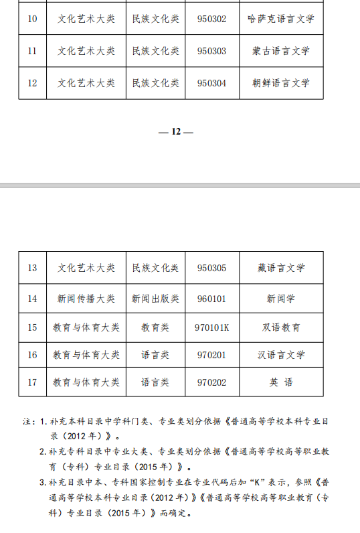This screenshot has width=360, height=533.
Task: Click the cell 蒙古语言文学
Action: tap(280, 52)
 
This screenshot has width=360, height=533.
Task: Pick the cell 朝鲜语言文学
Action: tap(280, 84)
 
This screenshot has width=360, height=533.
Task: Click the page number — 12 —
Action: tap(175, 132)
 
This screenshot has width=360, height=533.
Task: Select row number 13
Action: tap(32, 268)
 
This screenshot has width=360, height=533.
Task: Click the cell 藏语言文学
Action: tap(280, 268)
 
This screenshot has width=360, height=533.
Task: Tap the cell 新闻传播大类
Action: tap(86, 299)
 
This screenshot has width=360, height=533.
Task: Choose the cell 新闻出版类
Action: tap(155, 299)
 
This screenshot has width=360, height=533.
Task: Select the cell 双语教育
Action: tap(281, 328)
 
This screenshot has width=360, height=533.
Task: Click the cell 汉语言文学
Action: tap(280, 355)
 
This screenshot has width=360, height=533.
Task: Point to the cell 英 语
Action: tap(280, 382)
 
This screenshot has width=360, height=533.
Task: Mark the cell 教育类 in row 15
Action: tap(155, 328)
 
